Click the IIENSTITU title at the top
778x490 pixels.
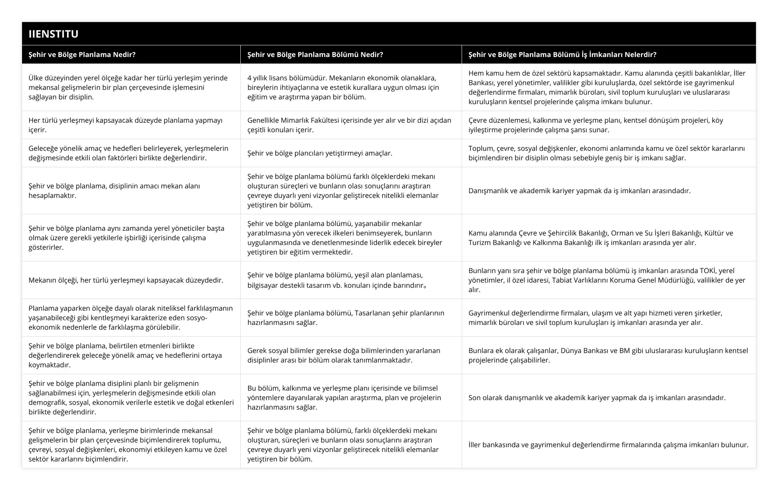coord(54,34)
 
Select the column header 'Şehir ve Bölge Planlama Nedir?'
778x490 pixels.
coord(82,55)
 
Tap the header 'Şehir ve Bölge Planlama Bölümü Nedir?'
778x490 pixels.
coord(315,55)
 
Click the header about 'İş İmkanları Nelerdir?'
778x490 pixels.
coord(562,55)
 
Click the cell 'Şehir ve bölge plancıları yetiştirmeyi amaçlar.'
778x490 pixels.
coord(320,153)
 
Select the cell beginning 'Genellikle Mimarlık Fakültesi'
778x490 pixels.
coord(349,125)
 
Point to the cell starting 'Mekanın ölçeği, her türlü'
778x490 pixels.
coord(126,280)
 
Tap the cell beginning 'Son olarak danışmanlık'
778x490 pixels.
coord(597,398)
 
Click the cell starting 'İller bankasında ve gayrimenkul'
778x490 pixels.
coord(608,445)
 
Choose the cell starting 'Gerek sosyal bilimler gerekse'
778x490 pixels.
coord(344,355)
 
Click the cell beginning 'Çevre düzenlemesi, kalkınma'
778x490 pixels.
coord(596,125)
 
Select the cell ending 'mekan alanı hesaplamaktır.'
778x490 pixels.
coord(114,191)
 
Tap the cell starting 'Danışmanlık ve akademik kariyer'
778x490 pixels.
coord(579,191)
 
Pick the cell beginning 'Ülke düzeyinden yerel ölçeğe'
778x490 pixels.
coord(128,87)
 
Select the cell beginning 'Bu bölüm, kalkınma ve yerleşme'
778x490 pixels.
coord(344,398)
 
